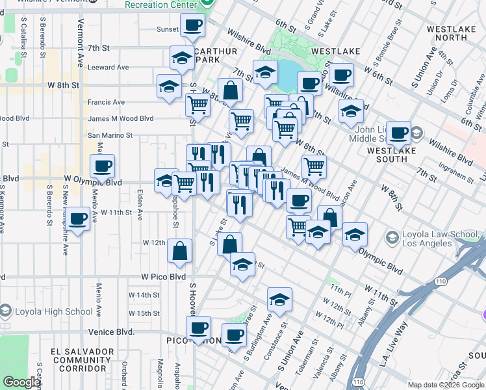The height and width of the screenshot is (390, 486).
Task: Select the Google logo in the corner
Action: click(x=21, y=382)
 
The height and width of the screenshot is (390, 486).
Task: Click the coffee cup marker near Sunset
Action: click(x=192, y=26)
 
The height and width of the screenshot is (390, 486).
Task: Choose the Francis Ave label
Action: click(x=106, y=102)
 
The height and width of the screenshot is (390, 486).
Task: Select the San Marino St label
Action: click(x=110, y=136)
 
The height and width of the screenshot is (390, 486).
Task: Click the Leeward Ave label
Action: click(x=108, y=67)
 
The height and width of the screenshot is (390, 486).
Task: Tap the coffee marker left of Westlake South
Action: click(x=399, y=133)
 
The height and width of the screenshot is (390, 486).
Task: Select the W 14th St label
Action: click(x=144, y=295)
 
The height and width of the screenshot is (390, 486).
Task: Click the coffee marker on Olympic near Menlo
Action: click(x=102, y=166)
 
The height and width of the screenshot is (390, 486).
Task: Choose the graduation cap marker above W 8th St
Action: click(x=169, y=86)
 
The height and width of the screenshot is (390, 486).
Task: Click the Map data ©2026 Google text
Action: click(x=445, y=385)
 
